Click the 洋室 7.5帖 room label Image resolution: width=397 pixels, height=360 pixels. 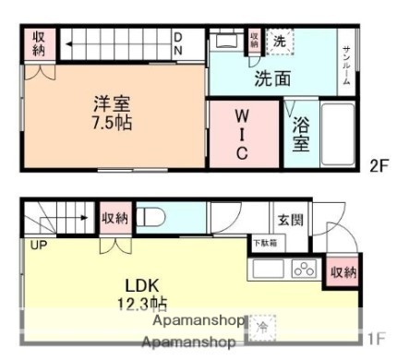pos(110,112)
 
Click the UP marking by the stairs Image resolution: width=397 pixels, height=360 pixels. pos(39,246)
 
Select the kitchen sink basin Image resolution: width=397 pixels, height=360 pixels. pos(269,270)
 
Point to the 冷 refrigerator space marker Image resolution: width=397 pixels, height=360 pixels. pos(261,326)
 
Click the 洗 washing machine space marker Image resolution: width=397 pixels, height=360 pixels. pos(279,42)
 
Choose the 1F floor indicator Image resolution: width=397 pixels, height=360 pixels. pos(375,339)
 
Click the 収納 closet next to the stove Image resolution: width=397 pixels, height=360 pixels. pos(343,272)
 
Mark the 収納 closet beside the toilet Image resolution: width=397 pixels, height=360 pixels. pos(115,218)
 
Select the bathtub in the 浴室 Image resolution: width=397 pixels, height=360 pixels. pos(337,133)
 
